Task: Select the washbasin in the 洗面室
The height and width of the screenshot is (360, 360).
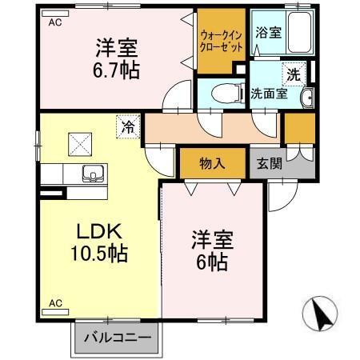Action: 308,99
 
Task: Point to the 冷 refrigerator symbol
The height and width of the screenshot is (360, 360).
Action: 128,126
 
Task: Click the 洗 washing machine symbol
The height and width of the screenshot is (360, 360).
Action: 294,73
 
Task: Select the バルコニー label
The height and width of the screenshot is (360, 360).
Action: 118,338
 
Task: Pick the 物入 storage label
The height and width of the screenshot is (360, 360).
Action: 212,163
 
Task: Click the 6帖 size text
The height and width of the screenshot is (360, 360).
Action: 212,261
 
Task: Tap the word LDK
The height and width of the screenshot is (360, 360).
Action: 98,232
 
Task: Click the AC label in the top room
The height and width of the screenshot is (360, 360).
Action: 54,23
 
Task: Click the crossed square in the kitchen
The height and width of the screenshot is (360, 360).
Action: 81,144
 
